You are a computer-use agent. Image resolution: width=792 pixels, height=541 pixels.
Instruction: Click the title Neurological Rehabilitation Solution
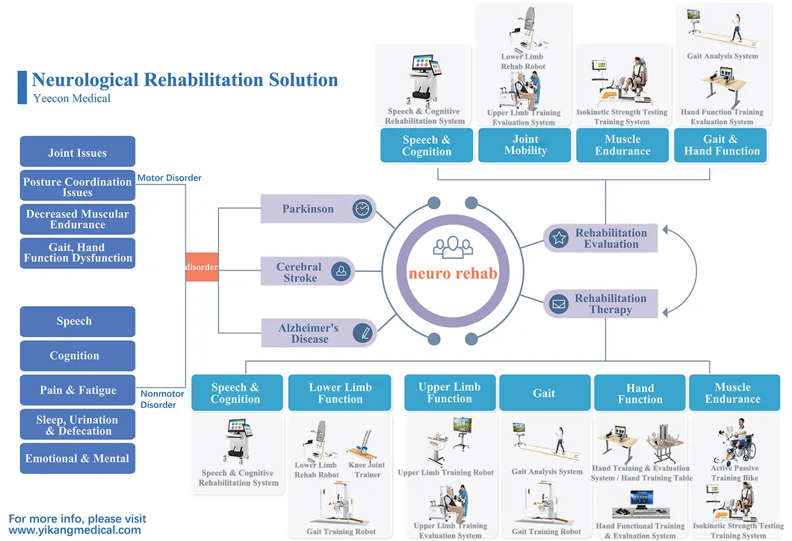(x=185, y=80)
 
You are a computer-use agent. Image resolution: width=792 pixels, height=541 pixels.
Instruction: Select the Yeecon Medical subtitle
(x=72, y=99)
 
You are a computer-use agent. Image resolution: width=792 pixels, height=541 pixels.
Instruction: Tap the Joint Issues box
(x=78, y=152)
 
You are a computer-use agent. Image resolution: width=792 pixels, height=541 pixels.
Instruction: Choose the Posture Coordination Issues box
(x=78, y=187)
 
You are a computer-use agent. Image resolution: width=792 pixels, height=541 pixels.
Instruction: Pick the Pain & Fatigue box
(x=78, y=390)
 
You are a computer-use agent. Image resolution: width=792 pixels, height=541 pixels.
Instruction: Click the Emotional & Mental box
(x=78, y=459)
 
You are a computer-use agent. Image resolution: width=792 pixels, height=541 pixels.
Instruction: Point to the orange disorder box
(x=202, y=267)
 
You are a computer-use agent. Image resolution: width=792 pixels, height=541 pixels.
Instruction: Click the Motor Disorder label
(x=170, y=178)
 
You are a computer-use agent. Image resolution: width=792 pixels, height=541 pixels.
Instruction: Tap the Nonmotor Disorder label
(x=158, y=399)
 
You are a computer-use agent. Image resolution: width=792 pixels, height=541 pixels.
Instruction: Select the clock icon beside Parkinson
(x=362, y=209)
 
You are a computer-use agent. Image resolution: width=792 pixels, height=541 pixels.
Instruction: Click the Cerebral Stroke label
(x=299, y=272)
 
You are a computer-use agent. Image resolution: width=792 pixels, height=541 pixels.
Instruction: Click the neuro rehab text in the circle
(x=453, y=273)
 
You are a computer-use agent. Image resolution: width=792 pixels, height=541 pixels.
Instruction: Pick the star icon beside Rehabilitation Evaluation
(x=558, y=238)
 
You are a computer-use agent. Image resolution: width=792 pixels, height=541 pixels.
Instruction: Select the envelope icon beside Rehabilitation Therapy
(x=558, y=304)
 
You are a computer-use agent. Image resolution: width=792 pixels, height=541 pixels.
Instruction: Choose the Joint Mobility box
(x=525, y=145)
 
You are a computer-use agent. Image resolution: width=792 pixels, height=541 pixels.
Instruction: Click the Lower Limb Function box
(x=340, y=393)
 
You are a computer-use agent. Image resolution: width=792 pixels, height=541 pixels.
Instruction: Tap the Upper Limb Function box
(x=450, y=393)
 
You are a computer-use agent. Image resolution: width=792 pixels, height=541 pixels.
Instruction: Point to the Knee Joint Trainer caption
(x=368, y=470)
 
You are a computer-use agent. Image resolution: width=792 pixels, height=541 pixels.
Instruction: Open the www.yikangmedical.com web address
(x=75, y=531)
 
